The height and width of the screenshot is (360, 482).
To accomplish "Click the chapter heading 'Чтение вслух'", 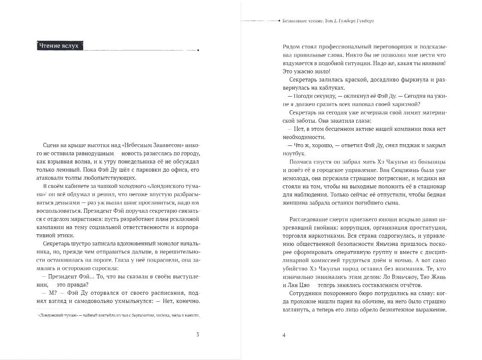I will pos(59,45).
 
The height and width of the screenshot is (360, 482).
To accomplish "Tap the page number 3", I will pos(197,335).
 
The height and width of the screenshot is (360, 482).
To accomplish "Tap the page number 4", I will pos(284,335).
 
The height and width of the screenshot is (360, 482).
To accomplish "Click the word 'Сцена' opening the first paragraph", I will pos(52,145).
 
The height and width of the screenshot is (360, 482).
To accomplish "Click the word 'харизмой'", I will pos(406,104).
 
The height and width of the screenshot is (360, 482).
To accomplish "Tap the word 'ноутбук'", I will pos(294,153).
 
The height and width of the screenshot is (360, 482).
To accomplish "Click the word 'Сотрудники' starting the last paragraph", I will pos(306,293).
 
